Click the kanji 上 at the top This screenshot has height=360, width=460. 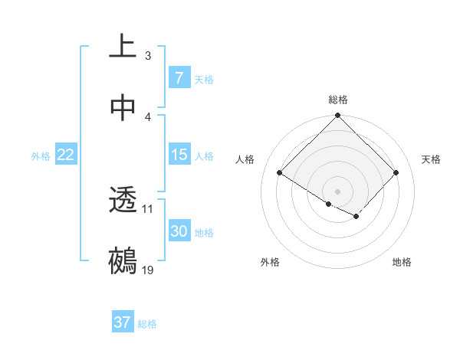tap(123, 46)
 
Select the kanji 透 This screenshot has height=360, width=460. tap(123, 201)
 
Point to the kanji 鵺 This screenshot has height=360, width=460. tap(123, 260)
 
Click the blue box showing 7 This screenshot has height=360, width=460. tap(179, 77)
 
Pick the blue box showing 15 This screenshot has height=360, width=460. tap(179, 155)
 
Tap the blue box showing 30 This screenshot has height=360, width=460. tap(179, 231)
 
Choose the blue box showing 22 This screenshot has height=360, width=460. tap(66, 155)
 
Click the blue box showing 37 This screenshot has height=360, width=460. tap(123, 322)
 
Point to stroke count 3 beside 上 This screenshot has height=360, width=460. tap(148, 56)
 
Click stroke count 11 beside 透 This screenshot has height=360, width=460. tap(148, 208)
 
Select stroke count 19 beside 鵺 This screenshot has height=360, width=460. tap(148, 270)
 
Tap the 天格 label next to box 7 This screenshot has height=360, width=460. tap(204, 79)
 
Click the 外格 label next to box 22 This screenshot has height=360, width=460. tap(41, 156)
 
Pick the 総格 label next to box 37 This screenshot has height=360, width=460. tap(147, 324)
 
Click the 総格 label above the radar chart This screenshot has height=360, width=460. tap(338, 100)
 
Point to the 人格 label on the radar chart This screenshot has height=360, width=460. tap(245, 159)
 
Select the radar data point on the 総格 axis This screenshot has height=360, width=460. tap(338, 116)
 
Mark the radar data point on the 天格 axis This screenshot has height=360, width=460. tap(396, 173)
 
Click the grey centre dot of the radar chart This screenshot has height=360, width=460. tap(338, 191)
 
